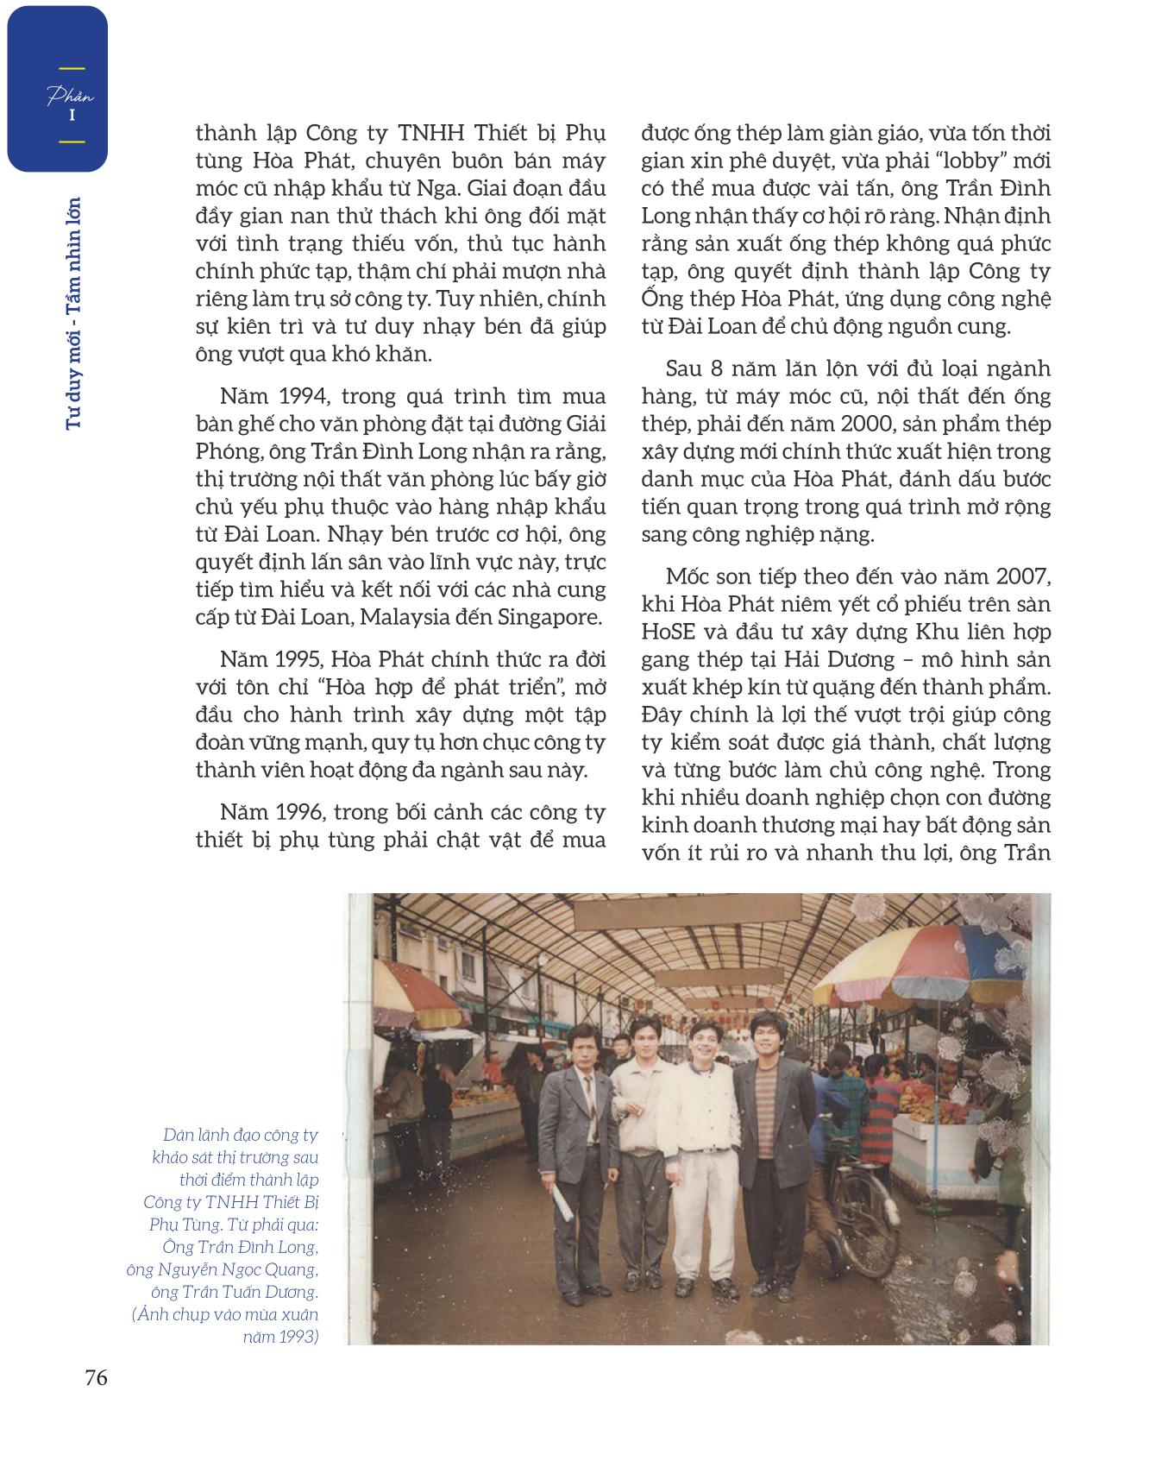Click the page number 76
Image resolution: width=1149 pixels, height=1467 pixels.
[96, 1377]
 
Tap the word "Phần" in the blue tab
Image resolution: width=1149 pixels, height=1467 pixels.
[71, 96]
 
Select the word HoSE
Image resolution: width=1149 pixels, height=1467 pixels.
[673, 632]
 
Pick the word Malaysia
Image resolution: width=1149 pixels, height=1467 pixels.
[417, 617]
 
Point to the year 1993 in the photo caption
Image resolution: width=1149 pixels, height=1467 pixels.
[298, 1337]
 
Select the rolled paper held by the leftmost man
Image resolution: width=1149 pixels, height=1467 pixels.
[562, 1199]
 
